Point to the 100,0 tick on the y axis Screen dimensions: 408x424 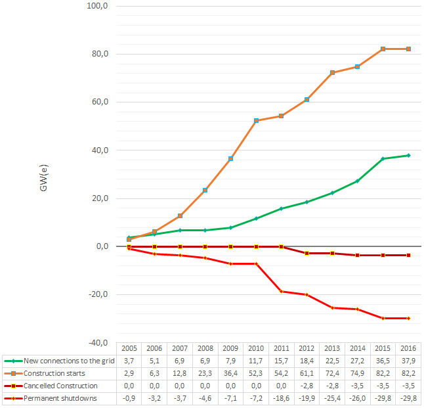coord(96,6)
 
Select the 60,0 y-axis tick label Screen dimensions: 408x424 coord(98,102)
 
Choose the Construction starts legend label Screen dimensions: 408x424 coord(52,373)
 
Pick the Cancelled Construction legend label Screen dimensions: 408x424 coord(60,386)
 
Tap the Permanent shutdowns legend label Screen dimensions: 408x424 coord(56,398)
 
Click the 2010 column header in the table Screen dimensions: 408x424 coord(256,348)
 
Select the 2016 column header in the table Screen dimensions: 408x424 coord(408,348)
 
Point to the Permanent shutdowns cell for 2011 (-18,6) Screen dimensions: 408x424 coord(281,398)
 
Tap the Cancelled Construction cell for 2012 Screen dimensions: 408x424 coord(307,386)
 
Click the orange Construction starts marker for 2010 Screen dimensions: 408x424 coord(256,121)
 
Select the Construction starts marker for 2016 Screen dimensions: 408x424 coord(408,49)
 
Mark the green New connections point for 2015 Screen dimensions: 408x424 coord(383,158)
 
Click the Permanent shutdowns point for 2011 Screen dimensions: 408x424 coord(282,291)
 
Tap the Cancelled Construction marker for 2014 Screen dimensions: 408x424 coord(358,255)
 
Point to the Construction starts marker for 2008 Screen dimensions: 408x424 coord(205,191)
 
